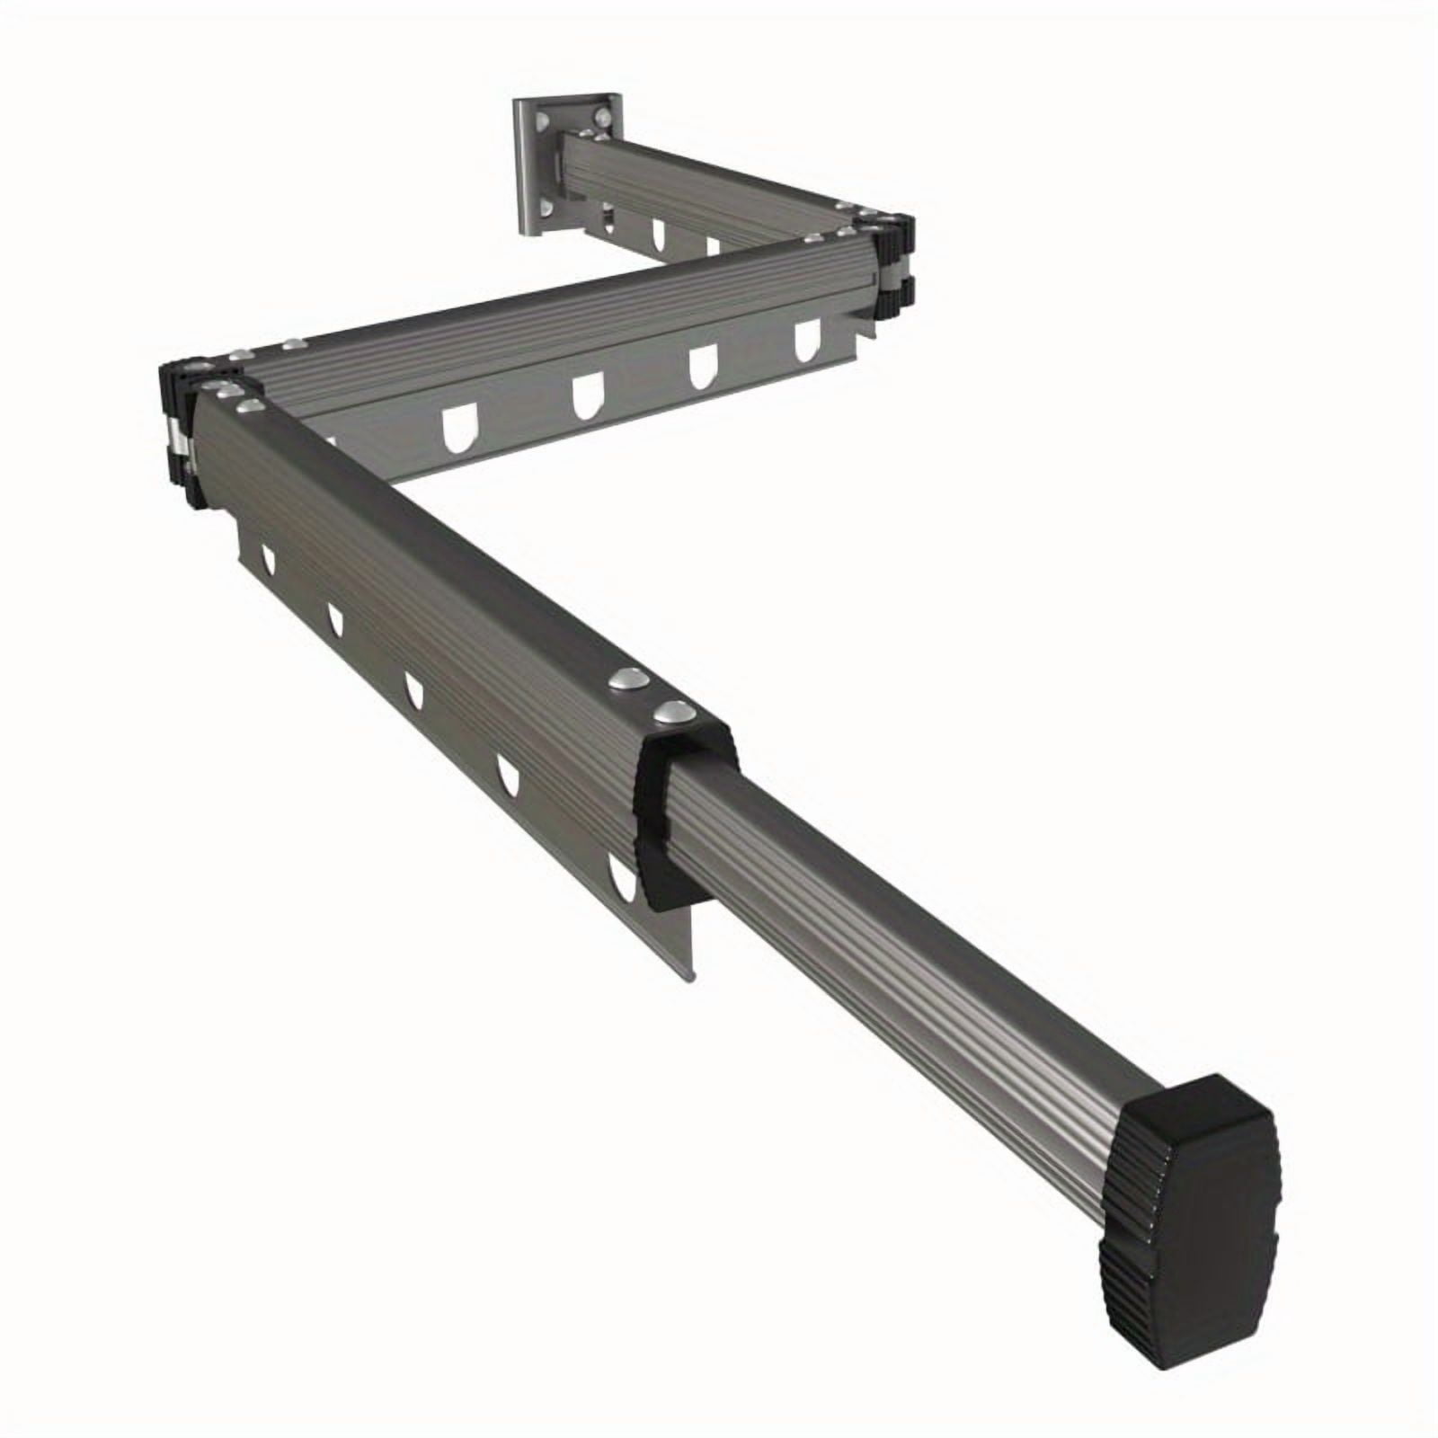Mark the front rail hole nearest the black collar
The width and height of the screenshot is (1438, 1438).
[x=620, y=880]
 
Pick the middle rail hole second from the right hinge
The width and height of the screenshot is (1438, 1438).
[x=702, y=368]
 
